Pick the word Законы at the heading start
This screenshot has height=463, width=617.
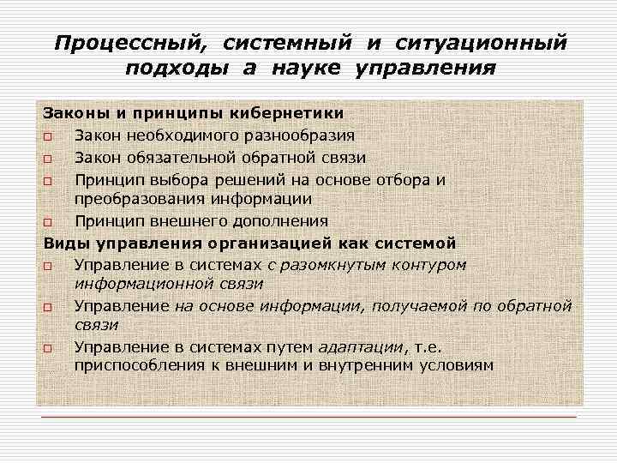click(70, 113)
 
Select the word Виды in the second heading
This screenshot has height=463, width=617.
click(63, 243)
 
